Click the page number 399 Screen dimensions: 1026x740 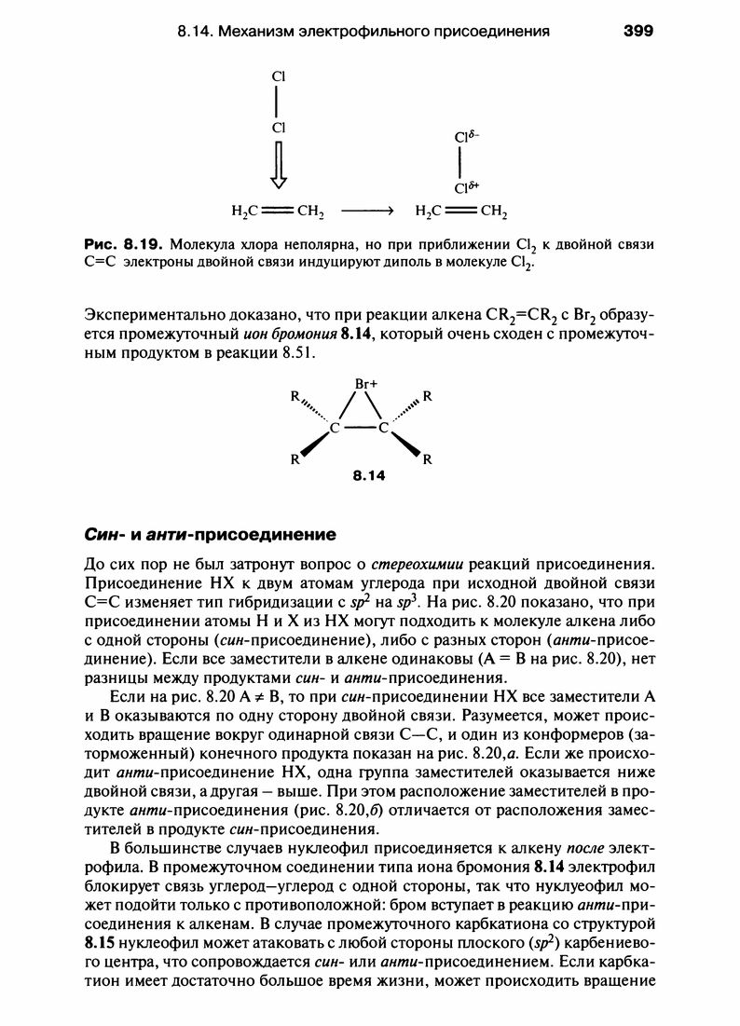tap(638, 31)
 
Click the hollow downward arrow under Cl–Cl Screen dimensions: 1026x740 tap(278, 168)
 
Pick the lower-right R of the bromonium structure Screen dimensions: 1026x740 tap(429, 458)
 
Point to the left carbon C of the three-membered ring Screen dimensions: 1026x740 tap(333, 430)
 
